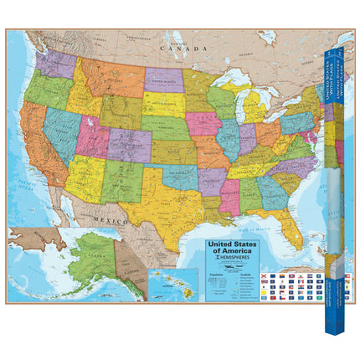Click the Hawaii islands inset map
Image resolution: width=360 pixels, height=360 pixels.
pyautogui.click(x=167, y=284)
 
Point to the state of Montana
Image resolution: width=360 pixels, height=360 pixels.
pyautogui.click(x=105, y=70)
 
